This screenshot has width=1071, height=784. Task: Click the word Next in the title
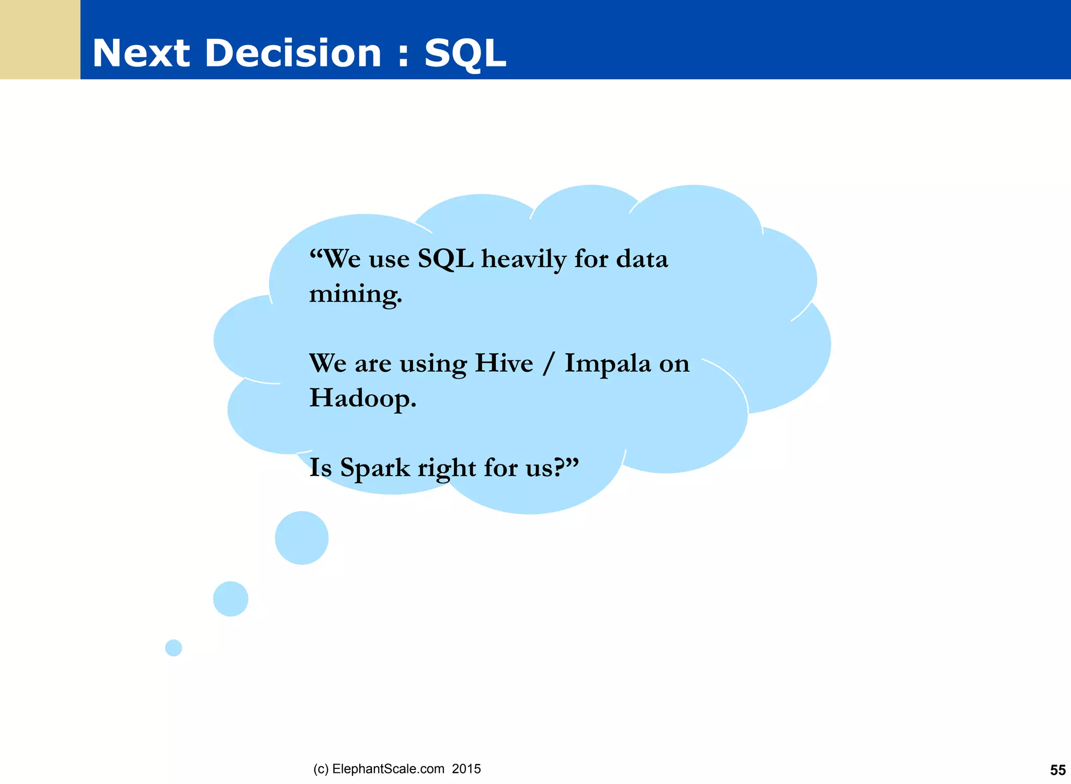pos(141,53)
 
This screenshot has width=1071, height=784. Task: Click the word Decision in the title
pos(293,53)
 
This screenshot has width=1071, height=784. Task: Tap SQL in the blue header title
pos(465,53)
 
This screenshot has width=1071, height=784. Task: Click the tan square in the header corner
pos(40,39)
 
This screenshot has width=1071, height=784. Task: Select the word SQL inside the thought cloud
pos(446,259)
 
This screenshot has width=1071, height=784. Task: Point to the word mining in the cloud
pos(355,294)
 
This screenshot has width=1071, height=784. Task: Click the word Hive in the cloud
pos(504,363)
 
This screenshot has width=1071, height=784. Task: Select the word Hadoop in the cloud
pos(362,398)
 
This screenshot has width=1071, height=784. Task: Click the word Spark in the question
pos(375,468)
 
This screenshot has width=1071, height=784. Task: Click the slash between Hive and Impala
pos(549,363)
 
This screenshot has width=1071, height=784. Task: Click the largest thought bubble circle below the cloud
pos(302,538)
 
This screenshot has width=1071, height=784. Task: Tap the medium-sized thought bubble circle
pos(231,599)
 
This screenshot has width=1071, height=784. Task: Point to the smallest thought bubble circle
pos(174,648)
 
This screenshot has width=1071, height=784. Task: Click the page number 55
pos(1057,770)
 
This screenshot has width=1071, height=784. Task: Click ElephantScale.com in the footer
pos(388,769)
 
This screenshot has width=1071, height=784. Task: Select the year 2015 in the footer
pos(466,769)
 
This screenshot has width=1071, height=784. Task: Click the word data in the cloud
pos(642,259)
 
